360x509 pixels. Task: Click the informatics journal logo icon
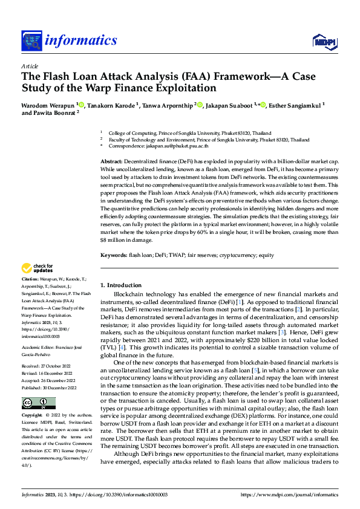point(31,41)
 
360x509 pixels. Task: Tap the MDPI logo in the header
point(324,41)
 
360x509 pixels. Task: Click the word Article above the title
point(30,66)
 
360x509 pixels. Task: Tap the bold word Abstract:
point(111,163)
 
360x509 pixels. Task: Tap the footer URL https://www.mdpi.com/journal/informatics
point(289,495)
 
